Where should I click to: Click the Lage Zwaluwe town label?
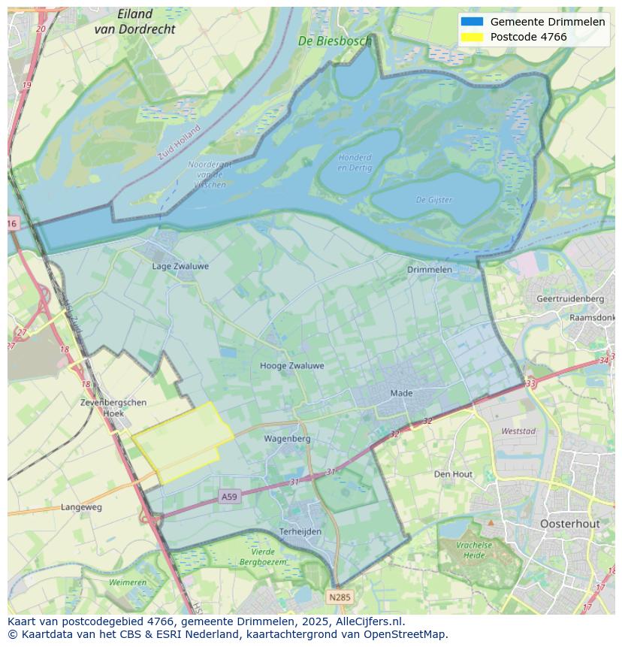point(180,266)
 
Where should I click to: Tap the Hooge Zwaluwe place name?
point(291,366)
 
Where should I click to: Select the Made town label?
point(401,393)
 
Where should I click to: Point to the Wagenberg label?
point(287,438)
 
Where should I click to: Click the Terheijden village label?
point(300,531)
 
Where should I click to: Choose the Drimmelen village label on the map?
point(430,269)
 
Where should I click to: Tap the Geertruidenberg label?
point(570,298)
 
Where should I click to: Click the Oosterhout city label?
point(570,523)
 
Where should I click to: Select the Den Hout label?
point(453,474)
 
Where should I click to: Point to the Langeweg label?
point(81,507)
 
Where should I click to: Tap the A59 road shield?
point(229,497)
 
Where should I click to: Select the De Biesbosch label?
point(334,41)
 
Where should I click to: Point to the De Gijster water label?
point(434,200)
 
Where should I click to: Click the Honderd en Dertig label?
point(355,162)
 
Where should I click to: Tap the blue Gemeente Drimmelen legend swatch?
point(473,22)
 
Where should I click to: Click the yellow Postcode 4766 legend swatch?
point(473,37)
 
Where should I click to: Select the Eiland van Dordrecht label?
point(135,22)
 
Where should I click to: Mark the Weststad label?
point(518,431)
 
